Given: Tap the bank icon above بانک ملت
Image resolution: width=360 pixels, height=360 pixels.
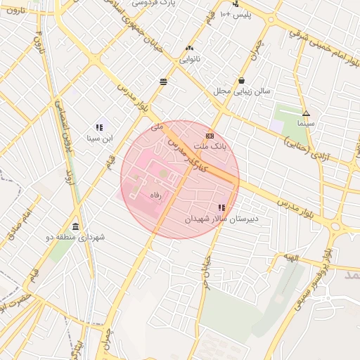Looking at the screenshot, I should coord(210,136).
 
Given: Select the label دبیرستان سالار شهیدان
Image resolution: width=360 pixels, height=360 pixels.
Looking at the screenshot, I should coord(222,219).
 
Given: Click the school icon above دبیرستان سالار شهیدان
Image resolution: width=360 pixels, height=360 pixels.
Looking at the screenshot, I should coord(222,207).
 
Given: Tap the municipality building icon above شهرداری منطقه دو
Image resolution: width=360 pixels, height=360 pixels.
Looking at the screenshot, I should coord(75,226).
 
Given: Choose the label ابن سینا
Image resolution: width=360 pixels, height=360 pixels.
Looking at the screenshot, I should coord(99,139).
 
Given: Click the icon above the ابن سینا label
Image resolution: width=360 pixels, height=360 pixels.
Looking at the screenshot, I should coord(99,127).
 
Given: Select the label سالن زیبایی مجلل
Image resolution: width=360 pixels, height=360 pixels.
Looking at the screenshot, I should coord(242,91).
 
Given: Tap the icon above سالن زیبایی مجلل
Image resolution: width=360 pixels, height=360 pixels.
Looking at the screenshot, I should coord(242,80).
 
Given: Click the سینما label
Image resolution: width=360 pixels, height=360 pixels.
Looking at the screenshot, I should coord(306,124).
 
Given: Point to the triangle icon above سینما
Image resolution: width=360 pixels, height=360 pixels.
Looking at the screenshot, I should coord(306,113).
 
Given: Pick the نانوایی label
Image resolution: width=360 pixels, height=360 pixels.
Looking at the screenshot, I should coord(189,59).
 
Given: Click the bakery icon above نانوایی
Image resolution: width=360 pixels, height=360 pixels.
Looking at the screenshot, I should coord(189,48).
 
